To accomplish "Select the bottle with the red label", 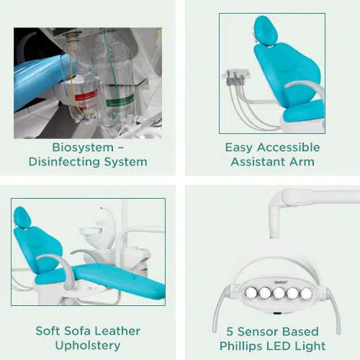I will tap(84, 86).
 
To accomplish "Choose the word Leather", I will tap(118, 330).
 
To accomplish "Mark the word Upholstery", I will tap(88, 346).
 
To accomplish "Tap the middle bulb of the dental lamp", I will tap(279, 293).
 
